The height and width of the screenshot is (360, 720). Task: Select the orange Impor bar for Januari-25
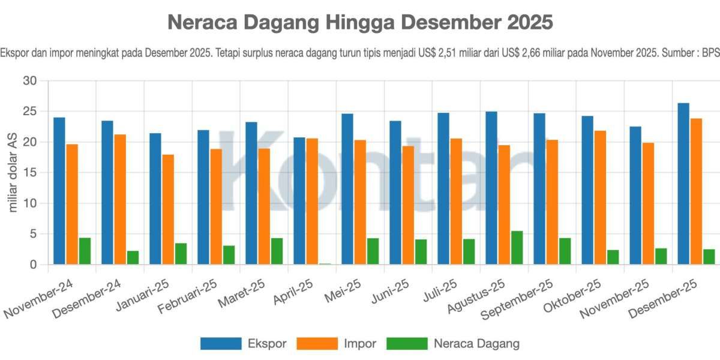point(168,209)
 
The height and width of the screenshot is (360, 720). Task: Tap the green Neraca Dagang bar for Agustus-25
point(517,248)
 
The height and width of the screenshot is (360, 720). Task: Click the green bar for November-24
point(85,251)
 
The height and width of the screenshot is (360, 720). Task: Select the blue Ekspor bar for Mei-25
point(347,189)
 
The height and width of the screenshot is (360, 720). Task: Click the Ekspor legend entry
point(243,344)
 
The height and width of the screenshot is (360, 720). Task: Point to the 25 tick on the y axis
point(29,112)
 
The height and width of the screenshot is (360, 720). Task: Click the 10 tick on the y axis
point(29,203)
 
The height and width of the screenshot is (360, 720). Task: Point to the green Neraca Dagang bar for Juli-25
point(469,251)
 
